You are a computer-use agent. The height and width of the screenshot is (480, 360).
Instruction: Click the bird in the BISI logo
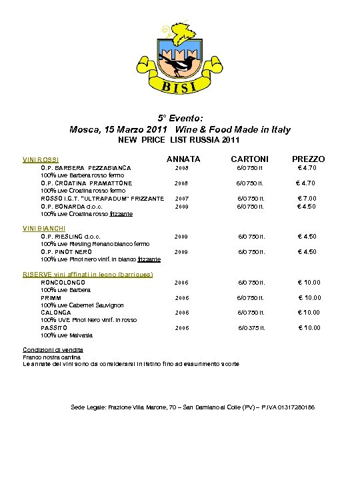pos(183,65)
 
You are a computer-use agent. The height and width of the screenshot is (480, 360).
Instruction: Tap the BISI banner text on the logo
pos(178,86)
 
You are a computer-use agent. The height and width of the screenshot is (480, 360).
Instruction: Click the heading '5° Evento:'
pos(179,117)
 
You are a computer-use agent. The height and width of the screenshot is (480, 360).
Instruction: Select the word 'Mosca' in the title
pos(84,129)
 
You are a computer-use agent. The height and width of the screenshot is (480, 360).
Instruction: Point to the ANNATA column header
pos(183,159)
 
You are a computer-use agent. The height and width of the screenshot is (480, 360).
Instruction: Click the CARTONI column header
pos(250,159)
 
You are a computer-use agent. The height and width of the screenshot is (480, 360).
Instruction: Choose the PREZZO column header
pos(309,159)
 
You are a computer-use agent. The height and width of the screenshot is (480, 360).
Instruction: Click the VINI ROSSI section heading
pos(41,160)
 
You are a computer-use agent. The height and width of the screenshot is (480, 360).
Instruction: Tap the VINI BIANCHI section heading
pos(44,229)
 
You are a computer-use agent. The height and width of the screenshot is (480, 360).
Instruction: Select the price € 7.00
pos(307,199)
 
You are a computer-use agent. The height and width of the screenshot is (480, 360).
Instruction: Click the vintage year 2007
pos(182,199)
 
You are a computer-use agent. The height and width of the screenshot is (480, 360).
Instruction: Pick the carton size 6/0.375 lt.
pos(252,328)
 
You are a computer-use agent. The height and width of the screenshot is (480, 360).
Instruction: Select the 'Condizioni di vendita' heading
pos(53,350)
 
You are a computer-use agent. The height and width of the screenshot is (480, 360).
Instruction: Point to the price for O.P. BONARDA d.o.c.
pos(307,206)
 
